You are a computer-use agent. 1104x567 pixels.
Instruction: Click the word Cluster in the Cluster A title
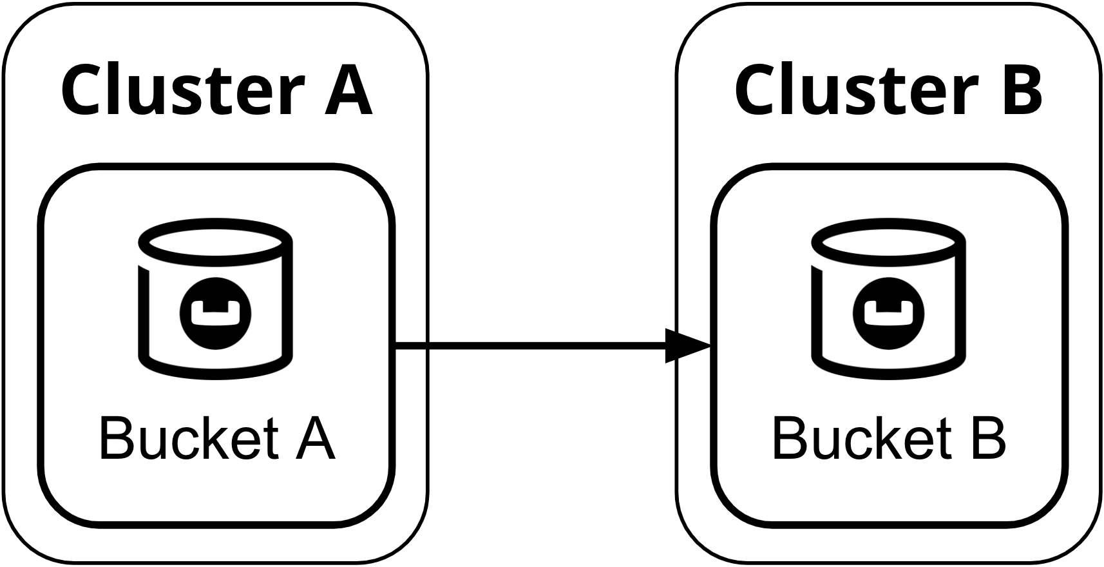[x=184, y=89]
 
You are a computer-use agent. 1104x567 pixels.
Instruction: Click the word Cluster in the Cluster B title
[x=857, y=89]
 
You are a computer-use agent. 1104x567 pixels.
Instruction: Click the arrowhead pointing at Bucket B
[x=688, y=345]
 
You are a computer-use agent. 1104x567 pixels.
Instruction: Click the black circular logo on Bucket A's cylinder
[x=215, y=314]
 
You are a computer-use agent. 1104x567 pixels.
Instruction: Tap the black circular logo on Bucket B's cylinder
[x=889, y=314]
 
